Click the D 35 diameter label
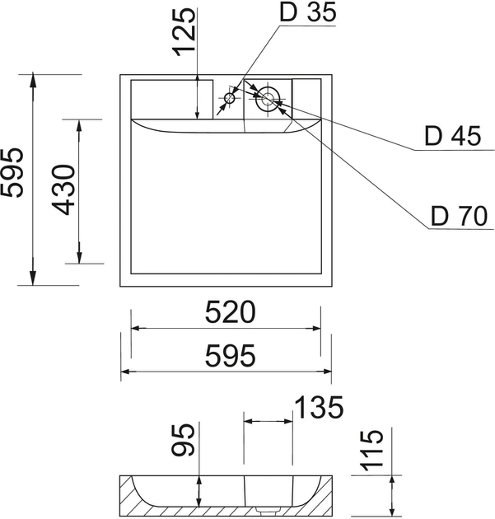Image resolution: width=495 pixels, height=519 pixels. tap(308, 12)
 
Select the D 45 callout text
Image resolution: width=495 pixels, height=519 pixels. tap(453, 136)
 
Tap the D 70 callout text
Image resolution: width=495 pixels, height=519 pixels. tap(460, 216)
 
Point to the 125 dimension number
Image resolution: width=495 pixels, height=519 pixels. tap(184, 32)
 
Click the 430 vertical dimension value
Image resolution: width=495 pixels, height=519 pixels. tap(63, 189)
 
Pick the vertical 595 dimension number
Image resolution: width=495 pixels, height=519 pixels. tap(12, 172)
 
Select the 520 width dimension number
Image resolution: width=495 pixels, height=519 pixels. tap(231, 311)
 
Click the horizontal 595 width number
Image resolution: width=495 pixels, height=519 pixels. tap(231, 356)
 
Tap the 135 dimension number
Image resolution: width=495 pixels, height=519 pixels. tap(319, 407)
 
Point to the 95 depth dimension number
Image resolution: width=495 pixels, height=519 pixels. tap(183, 440)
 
